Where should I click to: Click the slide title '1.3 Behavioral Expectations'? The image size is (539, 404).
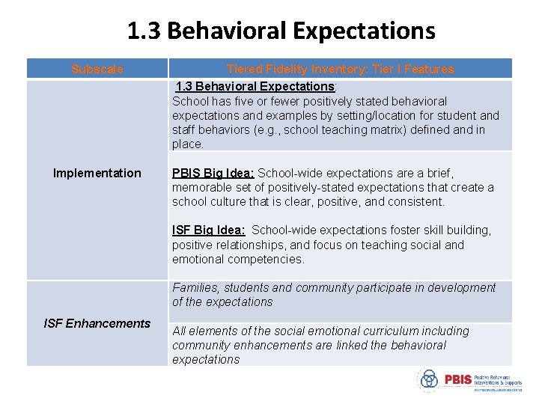(x=281, y=31)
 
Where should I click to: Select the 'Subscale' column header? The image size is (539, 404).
(x=97, y=69)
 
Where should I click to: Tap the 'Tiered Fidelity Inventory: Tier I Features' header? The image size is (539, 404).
(x=340, y=69)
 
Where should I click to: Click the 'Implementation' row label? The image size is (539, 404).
(x=97, y=173)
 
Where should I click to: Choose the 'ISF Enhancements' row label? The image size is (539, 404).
(x=97, y=323)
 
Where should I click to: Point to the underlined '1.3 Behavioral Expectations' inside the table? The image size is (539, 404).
(x=255, y=87)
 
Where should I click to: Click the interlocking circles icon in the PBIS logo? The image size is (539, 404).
(x=429, y=379)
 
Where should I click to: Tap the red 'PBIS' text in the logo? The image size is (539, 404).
(x=457, y=379)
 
